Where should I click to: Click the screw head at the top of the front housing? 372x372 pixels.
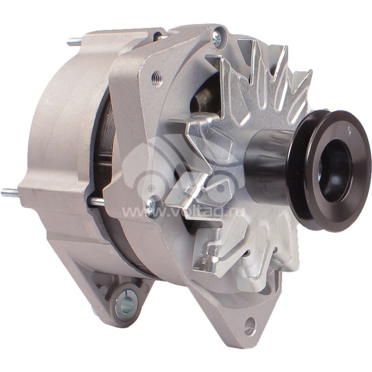[x=217, y=38]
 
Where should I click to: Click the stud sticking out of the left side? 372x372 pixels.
[x=10, y=193]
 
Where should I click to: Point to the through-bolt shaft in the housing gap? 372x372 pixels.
[x=96, y=201]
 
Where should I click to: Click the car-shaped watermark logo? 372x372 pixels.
[x=181, y=167]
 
